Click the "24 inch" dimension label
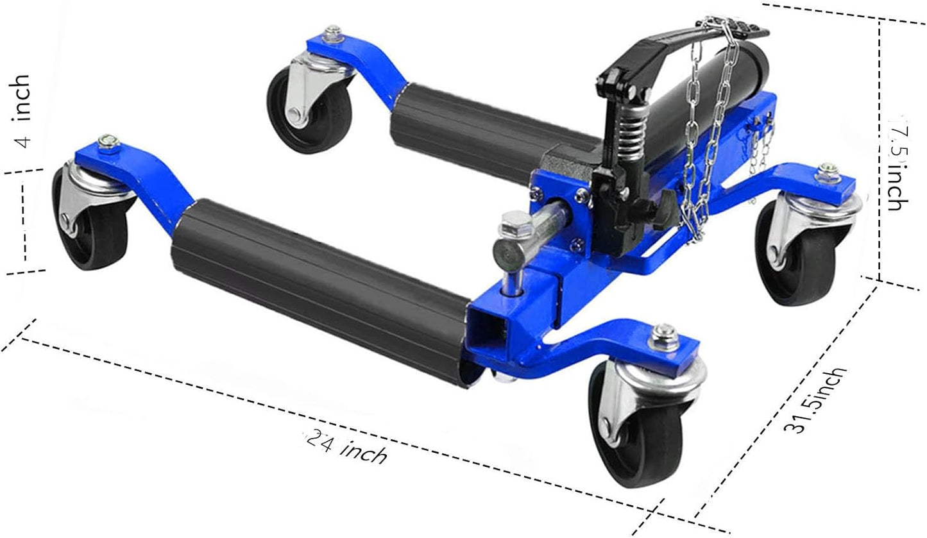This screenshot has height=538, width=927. (x=347, y=448)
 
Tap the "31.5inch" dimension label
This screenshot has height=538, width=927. (x=816, y=400)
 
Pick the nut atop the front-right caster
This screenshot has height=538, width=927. (x=661, y=335)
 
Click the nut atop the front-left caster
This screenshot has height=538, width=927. (x=108, y=142)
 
